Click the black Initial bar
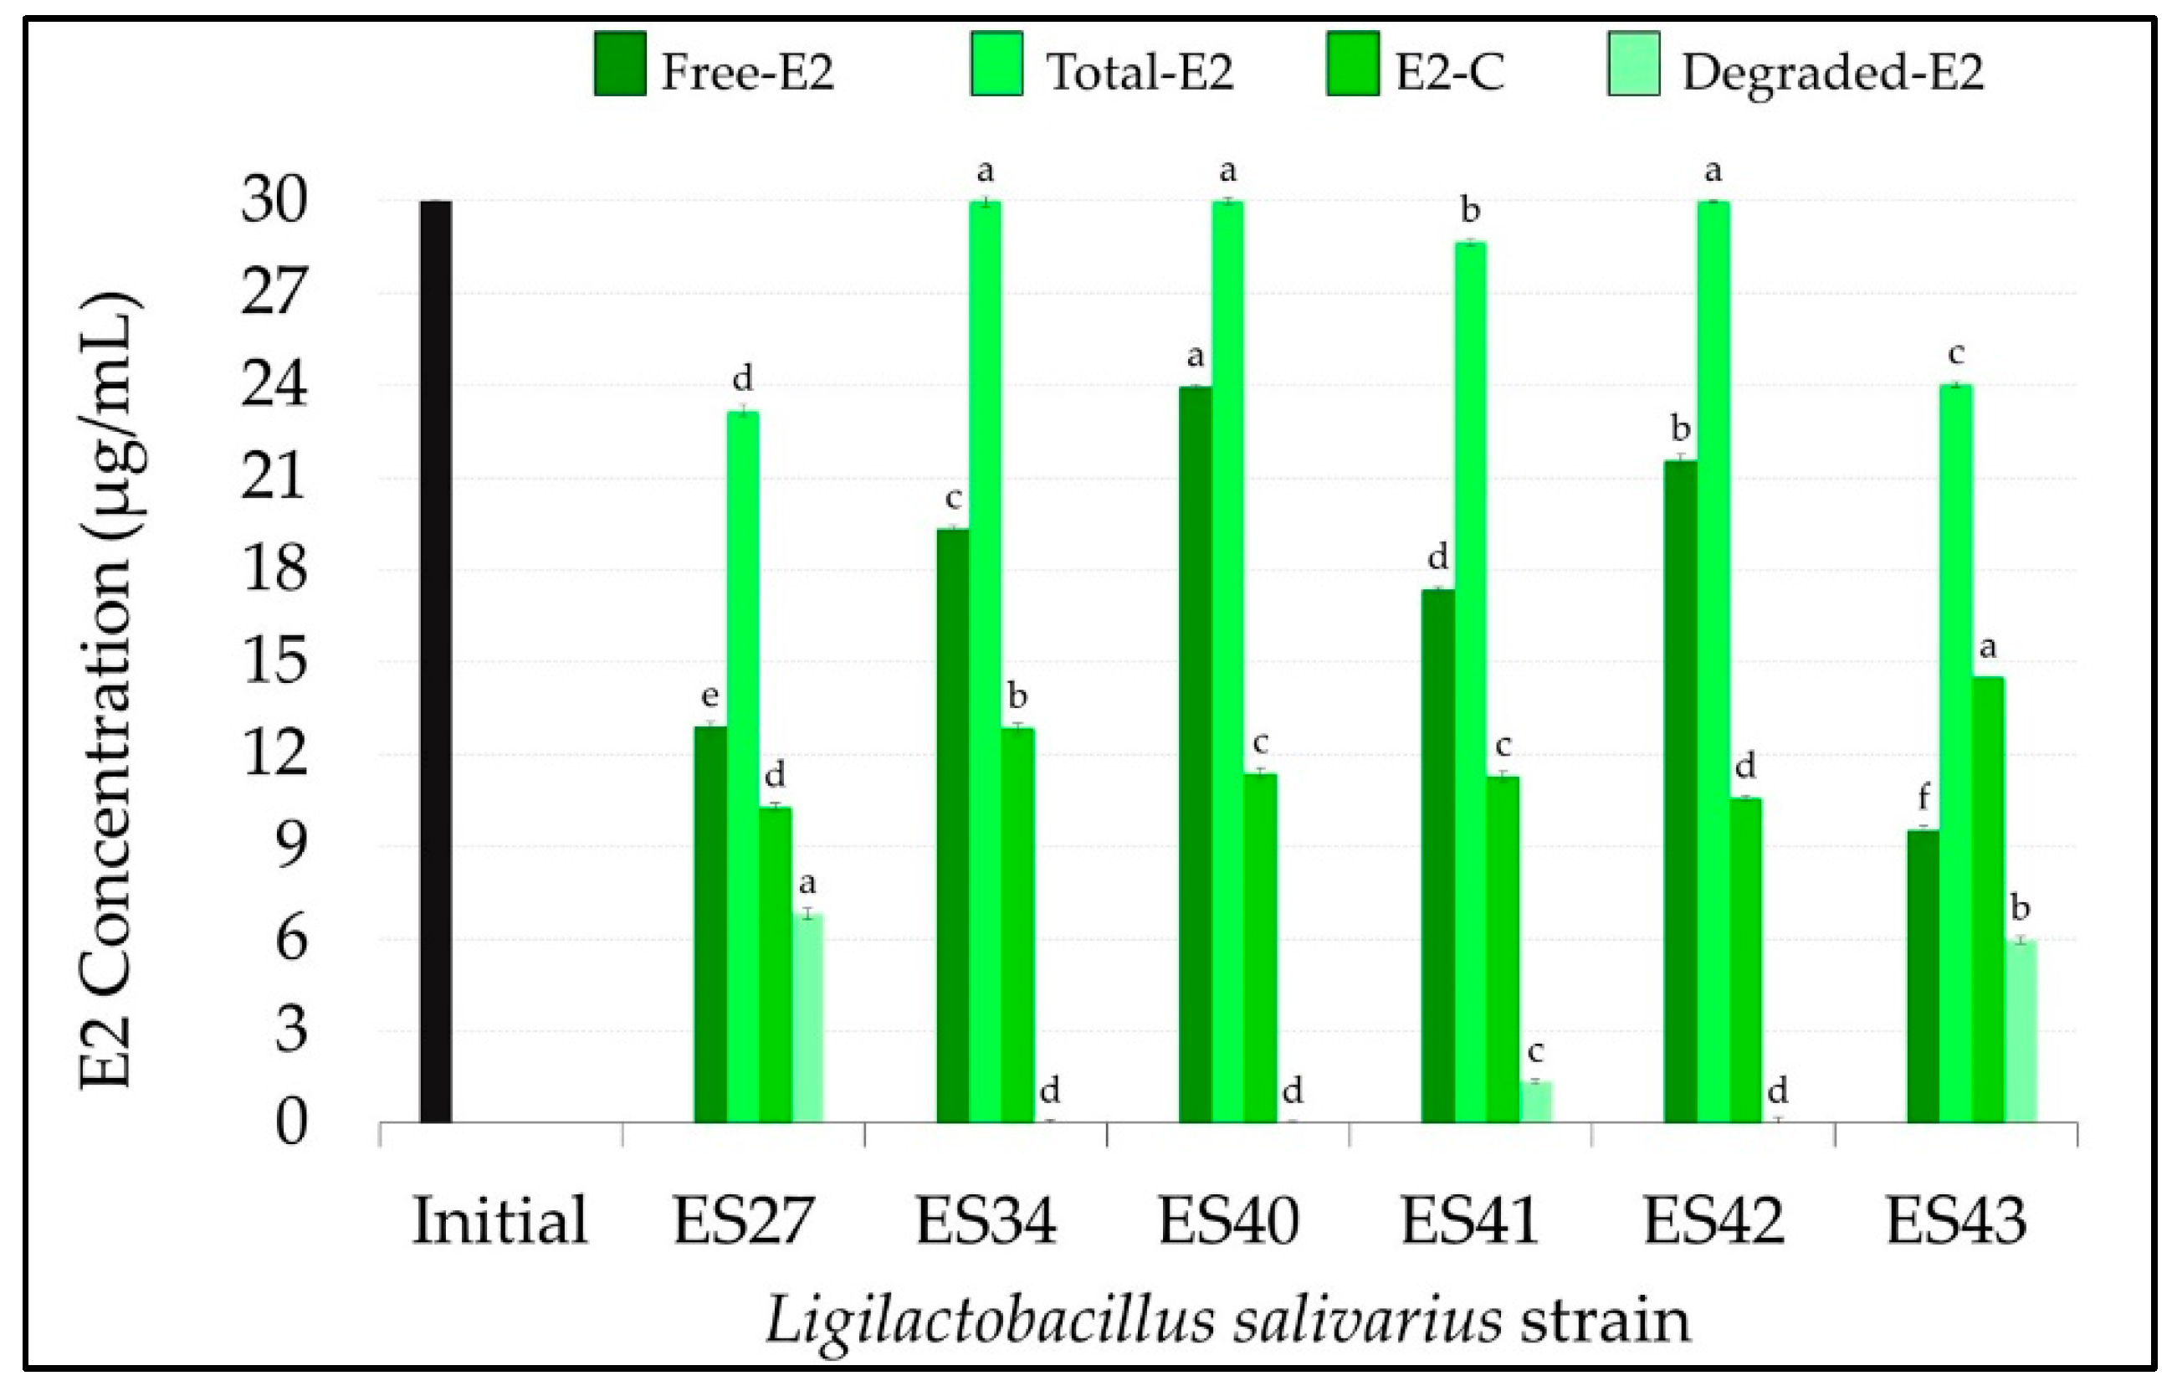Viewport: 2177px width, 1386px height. [436, 660]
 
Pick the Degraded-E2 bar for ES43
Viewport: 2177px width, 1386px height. [2021, 1030]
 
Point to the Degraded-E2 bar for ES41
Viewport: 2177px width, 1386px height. [1535, 1101]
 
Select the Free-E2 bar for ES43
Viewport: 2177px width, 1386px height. [1923, 977]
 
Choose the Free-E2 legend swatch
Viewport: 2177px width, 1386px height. [620, 64]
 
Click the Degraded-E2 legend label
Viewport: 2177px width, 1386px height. [1831, 72]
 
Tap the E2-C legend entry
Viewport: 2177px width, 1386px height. [1415, 65]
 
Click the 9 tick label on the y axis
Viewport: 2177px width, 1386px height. [291, 846]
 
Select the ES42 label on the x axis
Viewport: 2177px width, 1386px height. [1713, 1221]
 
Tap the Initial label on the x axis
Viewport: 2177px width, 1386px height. [500, 1221]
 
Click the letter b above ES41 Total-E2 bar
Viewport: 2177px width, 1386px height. [1470, 211]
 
